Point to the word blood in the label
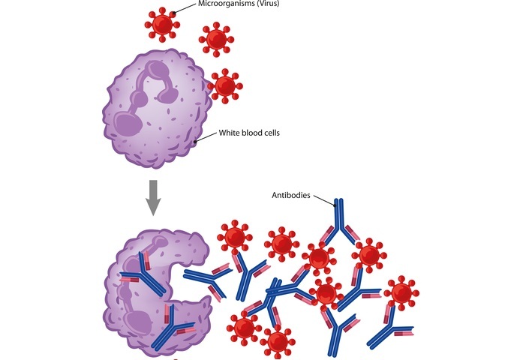256,133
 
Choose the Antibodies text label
293,196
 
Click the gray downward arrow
153,196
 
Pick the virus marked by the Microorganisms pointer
161,25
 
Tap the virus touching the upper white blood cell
224,85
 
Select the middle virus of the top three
216,37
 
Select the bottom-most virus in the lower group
278,342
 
